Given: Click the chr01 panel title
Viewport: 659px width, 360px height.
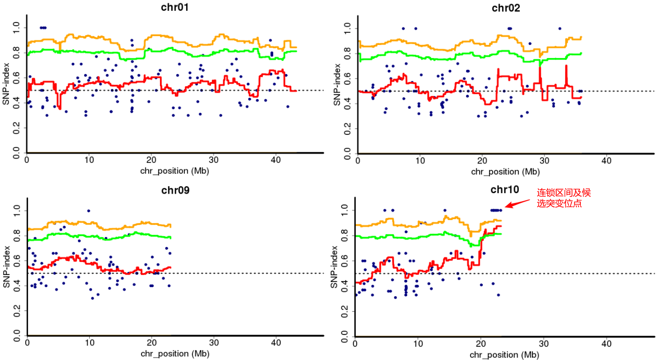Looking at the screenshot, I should coord(175,7).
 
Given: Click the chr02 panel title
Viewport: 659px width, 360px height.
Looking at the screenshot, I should coord(505,8).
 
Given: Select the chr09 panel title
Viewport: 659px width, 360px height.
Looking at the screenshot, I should coord(175,190).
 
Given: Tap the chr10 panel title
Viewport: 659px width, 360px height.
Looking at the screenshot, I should coord(504,190).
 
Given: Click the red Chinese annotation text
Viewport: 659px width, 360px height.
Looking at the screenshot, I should coord(563,198).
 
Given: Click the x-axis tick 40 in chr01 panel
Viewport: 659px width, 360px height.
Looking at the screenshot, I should coord(276,160).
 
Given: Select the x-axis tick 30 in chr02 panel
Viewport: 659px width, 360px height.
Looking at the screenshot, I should coord(544,161).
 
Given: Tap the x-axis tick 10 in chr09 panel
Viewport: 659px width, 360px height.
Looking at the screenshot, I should coord(90,343).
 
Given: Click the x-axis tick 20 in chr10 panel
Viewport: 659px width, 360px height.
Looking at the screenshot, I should coord(481,344).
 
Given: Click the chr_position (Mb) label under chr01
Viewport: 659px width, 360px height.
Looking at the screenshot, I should coord(174,171).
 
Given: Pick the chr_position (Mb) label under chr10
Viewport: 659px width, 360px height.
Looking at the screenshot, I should coord(504,355).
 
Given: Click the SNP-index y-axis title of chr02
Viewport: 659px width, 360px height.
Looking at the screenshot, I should coord(336,85).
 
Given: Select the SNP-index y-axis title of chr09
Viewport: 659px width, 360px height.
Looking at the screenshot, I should coord(6,267).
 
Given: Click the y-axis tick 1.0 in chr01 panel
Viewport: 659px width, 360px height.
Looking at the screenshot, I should coord(16,28).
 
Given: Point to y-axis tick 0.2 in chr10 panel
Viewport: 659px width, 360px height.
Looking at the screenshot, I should coord(344,312).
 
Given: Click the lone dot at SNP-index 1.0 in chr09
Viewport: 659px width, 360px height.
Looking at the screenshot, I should coord(89,211).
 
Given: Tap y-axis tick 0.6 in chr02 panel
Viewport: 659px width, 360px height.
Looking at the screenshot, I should coord(347,78).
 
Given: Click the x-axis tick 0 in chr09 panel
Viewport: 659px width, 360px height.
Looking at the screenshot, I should coord(27,343).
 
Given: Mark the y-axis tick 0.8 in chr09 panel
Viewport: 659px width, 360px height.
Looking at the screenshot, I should coord(17,236).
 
